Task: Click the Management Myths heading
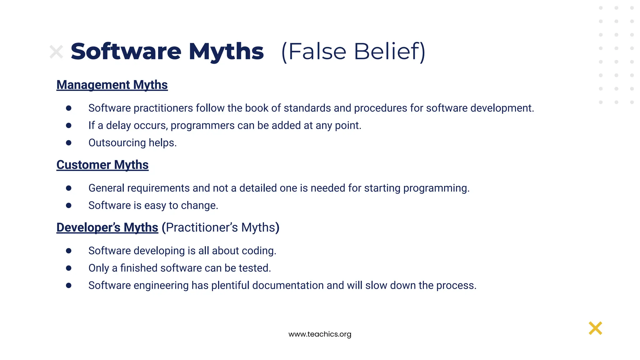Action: tap(112, 85)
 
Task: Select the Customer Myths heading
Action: tap(102, 165)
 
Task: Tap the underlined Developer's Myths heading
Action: tap(107, 227)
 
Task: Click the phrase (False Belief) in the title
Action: tap(353, 52)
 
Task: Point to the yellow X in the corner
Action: tap(595, 328)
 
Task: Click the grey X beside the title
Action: tap(56, 52)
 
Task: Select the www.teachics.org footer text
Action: tap(320, 334)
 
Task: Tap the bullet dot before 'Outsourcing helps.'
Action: tap(69, 143)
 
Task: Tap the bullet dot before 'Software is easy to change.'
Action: tap(69, 205)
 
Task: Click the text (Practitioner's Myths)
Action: tap(220, 227)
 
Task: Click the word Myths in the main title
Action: tap(226, 52)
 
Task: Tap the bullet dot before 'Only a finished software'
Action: tap(69, 268)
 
